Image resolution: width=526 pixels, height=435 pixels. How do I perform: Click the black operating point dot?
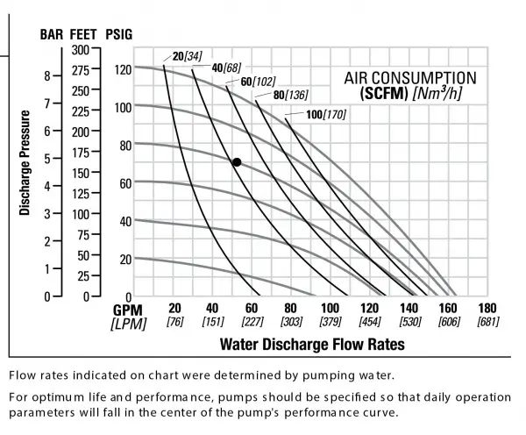pos(237,162)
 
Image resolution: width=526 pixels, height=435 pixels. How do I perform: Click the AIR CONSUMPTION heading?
pos(404,77)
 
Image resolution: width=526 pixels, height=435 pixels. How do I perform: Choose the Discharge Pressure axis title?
pos(25,162)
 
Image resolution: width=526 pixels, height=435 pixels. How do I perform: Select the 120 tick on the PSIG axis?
pos(120,69)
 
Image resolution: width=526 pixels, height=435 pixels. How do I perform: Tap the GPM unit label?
pos(128,310)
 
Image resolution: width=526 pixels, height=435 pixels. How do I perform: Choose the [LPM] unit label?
pos(127,324)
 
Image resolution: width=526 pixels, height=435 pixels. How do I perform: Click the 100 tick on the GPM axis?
pos(330,309)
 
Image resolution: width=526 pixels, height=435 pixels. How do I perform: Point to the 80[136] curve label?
pos(290,95)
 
